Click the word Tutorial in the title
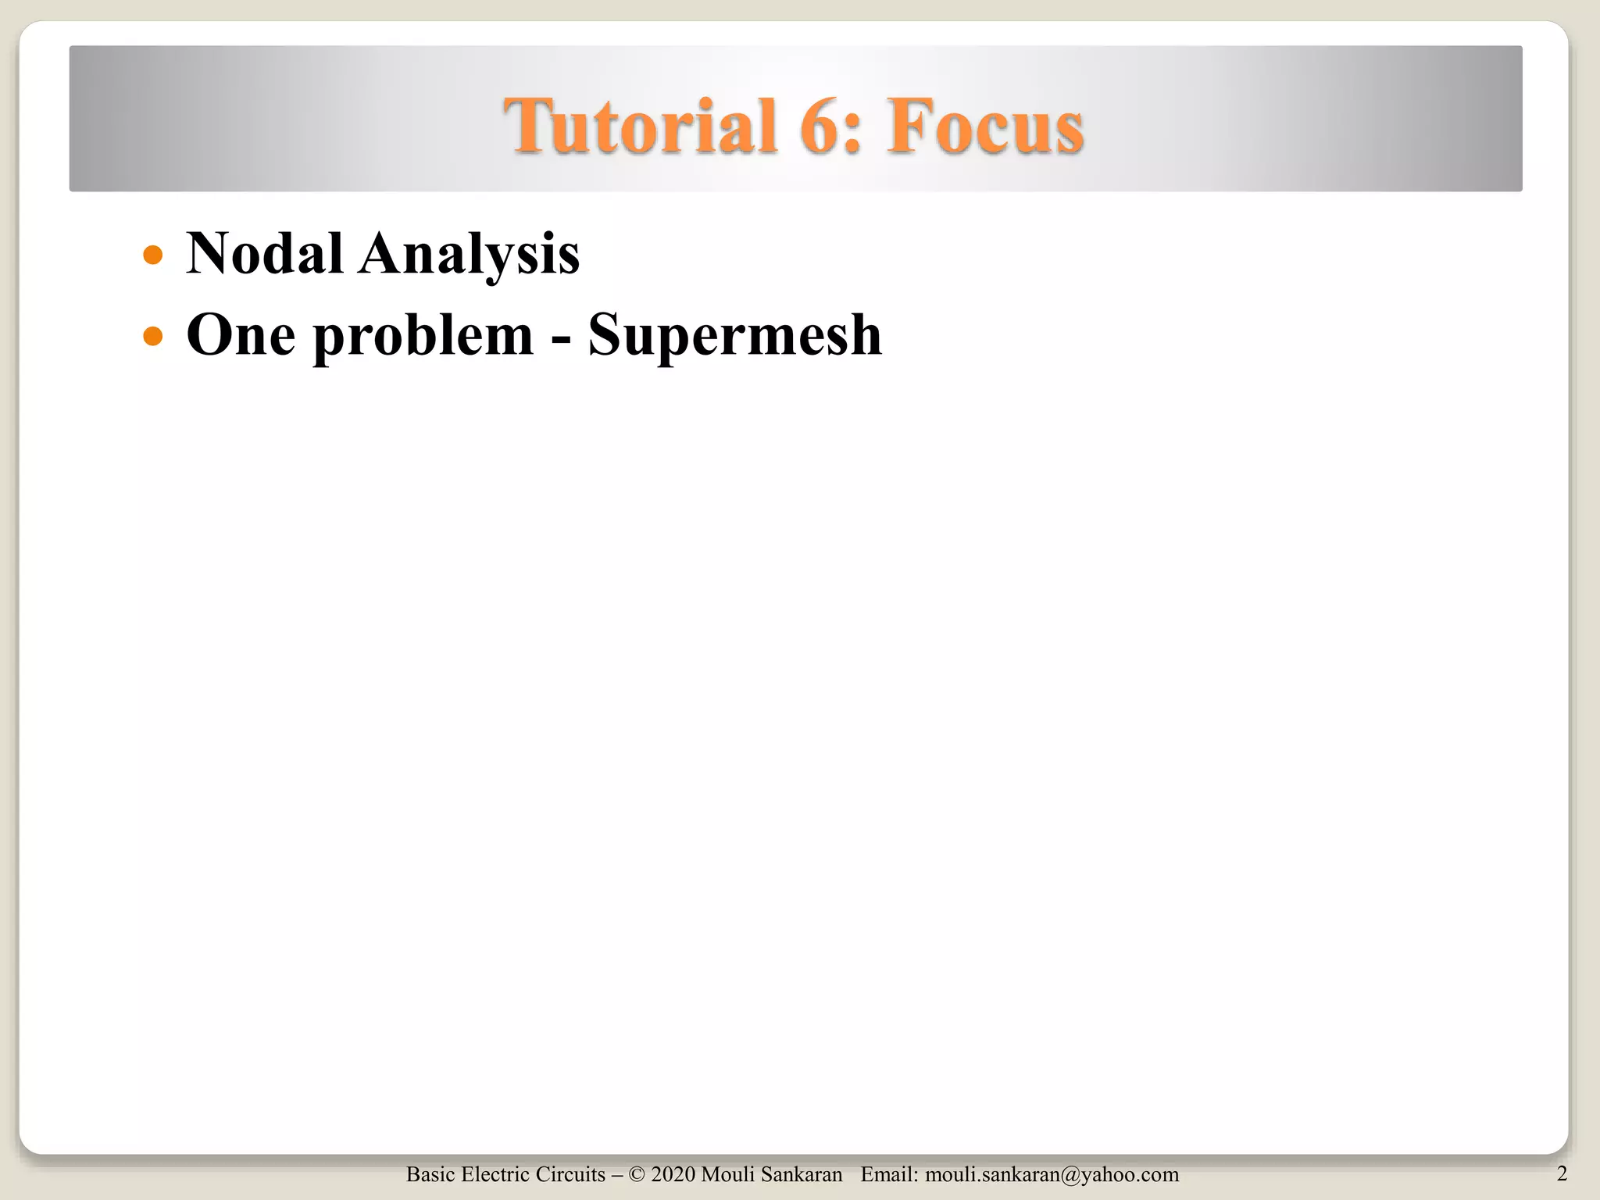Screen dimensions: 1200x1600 [639, 126]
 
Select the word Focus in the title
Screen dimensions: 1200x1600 [985, 126]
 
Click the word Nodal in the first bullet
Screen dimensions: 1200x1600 [264, 253]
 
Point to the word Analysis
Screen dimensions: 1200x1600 [469, 255]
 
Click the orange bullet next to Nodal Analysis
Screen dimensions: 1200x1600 [153, 255]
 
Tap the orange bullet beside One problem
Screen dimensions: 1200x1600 [153, 336]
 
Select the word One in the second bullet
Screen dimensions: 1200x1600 [241, 334]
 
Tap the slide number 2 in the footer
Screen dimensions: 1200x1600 [1562, 1173]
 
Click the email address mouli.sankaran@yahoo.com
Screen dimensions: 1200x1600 [1052, 1175]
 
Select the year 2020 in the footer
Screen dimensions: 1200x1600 [673, 1175]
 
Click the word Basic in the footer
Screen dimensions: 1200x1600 [430, 1175]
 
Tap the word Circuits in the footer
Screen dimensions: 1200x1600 [570, 1175]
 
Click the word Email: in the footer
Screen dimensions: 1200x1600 [889, 1175]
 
